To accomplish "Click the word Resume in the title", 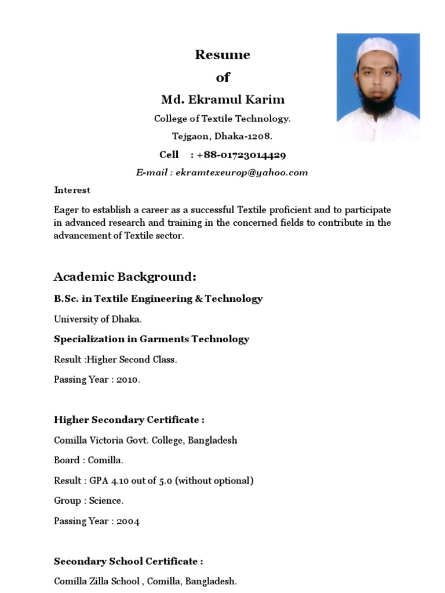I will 222,55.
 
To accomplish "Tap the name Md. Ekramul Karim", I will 222,99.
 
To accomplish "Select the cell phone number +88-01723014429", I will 241,155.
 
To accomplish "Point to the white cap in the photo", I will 377,49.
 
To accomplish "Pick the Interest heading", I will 72,190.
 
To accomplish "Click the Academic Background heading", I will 121,276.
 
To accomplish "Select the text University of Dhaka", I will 98,319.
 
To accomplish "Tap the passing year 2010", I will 128,380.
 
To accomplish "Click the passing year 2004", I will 128,521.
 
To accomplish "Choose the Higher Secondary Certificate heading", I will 129,420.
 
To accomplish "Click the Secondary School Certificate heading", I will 128,561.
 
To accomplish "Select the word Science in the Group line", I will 105,501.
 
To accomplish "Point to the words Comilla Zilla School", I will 97,581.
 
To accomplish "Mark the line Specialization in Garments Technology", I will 151,339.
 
